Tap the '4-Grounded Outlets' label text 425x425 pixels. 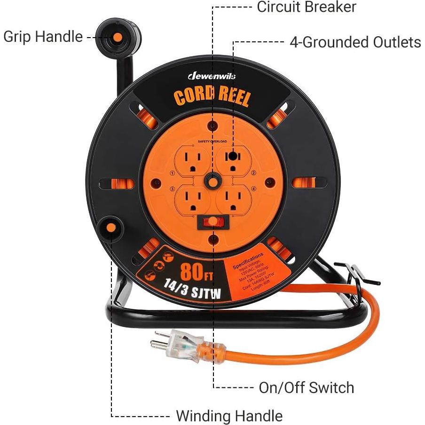[x=355, y=42]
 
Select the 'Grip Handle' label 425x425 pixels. [x=43, y=37]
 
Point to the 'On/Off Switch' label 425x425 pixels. [x=306, y=387]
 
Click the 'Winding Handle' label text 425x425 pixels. [x=229, y=416]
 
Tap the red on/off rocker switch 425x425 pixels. [x=213, y=221]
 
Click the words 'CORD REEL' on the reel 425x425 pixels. [x=212, y=95]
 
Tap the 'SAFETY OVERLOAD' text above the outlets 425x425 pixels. [x=212, y=141]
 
